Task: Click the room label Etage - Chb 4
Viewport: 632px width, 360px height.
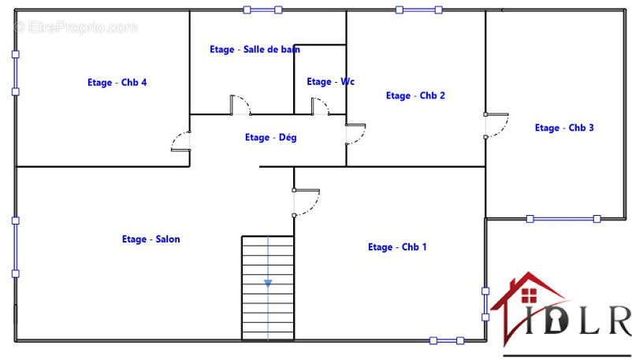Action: point(117,82)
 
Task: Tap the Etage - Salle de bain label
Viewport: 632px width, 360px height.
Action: point(255,49)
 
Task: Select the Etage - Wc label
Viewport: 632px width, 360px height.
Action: point(330,81)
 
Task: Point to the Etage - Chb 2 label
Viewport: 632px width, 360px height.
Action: point(415,95)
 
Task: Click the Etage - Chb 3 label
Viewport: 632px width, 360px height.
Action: point(564,128)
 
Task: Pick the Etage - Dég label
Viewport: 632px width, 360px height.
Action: point(271,138)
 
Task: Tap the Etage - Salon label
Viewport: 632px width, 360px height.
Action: point(151,239)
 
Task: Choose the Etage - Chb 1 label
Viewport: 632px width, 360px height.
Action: point(397,247)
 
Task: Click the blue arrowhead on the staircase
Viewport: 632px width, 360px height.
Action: point(268,284)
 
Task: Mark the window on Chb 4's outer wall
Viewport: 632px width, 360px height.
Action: point(15,73)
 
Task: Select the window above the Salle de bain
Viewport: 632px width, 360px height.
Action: point(262,9)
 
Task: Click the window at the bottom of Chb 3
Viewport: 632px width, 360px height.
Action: point(563,219)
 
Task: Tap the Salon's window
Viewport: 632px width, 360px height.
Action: point(15,247)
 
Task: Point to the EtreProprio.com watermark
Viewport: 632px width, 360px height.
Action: point(76,28)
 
